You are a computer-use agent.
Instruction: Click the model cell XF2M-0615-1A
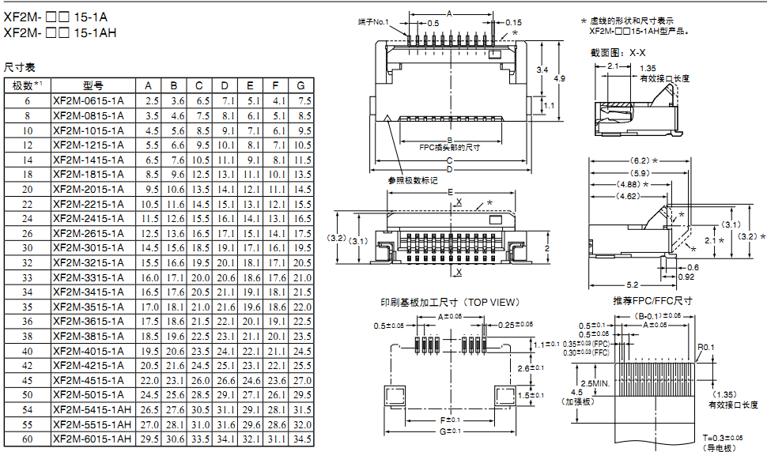(88, 100)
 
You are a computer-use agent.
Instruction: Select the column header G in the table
(300, 85)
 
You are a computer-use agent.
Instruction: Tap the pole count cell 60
(28, 439)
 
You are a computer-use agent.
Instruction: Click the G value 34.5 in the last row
(302, 439)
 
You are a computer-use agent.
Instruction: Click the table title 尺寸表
(20, 68)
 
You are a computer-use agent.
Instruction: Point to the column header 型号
(93, 85)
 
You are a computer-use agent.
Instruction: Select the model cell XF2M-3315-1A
(88, 277)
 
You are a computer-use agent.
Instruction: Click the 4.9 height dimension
(560, 78)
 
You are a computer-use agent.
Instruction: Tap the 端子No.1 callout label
(373, 21)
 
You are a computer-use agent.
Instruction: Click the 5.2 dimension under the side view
(632, 284)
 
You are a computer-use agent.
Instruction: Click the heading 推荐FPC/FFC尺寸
(652, 301)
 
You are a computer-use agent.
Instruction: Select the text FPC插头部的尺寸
(450, 147)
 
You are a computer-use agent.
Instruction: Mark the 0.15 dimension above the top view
(513, 22)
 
